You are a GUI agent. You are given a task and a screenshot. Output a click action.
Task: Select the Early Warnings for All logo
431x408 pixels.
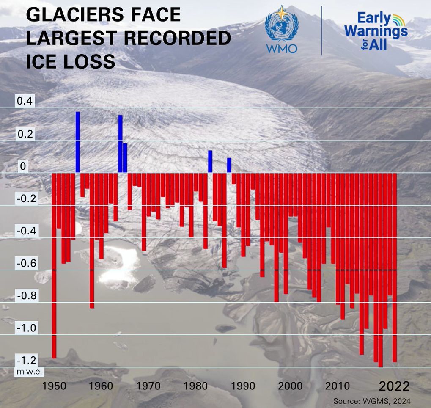coord(376,31)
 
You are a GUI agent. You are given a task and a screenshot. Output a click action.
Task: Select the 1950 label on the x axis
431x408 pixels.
coord(54,386)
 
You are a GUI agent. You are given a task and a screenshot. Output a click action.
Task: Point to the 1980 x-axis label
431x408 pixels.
coord(195,386)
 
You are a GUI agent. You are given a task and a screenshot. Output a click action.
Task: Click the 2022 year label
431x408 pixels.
coord(394,386)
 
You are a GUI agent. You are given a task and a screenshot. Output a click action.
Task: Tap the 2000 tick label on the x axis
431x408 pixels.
coord(290,386)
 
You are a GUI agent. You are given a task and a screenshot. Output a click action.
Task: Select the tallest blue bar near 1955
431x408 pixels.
coord(78,142)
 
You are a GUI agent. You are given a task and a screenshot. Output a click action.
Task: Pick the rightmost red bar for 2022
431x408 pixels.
coord(395,267)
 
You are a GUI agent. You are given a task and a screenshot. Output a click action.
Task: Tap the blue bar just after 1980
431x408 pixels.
coord(210,161)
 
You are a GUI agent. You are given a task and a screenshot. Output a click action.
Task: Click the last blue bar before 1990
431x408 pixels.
coord(229,165)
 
